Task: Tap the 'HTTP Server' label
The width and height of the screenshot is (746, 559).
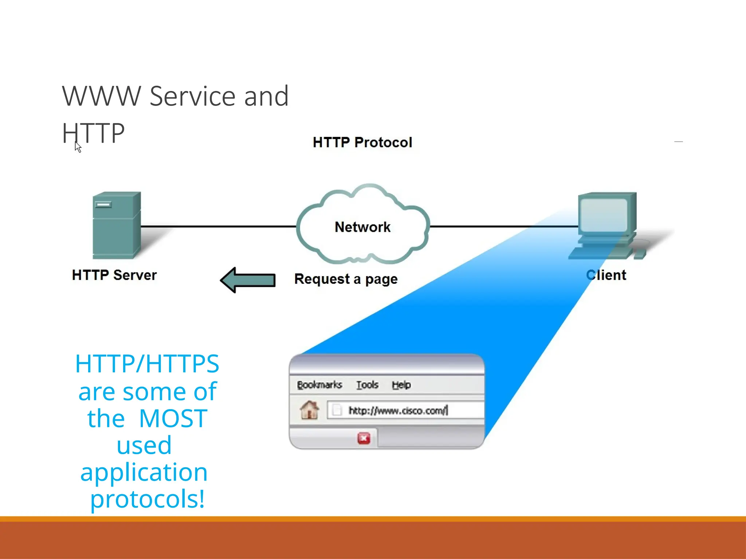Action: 114,275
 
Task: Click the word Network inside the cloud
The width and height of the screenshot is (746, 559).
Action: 362,227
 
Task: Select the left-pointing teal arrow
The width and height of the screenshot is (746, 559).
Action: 248,280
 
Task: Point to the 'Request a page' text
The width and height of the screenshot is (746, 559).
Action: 346,279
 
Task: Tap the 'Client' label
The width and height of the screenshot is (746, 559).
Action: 606,275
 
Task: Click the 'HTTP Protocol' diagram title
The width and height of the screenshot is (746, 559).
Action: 362,142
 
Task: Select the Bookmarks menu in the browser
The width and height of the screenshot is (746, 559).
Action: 319,385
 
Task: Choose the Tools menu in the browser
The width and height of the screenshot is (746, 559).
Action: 367,385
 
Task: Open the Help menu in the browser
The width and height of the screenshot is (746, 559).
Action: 401,385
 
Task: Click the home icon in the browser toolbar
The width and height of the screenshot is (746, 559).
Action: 309,410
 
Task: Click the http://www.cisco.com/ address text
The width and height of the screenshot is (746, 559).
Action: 397,411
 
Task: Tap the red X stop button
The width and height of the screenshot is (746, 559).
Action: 364,438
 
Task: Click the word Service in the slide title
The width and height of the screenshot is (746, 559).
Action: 192,96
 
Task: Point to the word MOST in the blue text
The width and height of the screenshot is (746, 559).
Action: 173,419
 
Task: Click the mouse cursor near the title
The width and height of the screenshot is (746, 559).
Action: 78,147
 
